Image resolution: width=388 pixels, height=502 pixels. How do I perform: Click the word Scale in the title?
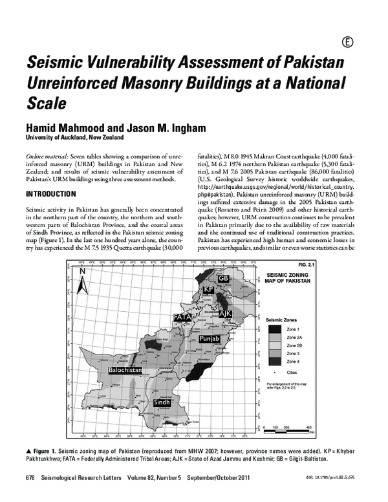(46, 102)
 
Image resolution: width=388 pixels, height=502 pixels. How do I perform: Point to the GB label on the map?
(223, 278)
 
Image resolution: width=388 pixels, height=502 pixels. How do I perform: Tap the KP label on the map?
(208, 289)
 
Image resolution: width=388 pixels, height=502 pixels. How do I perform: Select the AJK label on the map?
(225, 314)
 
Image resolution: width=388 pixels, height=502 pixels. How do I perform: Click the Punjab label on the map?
(210, 338)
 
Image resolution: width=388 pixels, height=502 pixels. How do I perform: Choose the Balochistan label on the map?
(125, 369)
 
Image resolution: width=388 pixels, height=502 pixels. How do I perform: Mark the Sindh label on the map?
(162, 402)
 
